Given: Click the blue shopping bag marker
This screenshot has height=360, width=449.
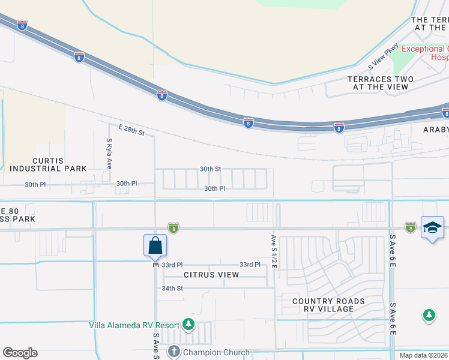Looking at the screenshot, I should pos(155,245).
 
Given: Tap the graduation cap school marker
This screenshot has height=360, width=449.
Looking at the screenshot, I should pos(432,228).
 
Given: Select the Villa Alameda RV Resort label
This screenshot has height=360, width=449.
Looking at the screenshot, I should pos(134,325).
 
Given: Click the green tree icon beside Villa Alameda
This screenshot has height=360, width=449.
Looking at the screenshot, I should pos(188,325).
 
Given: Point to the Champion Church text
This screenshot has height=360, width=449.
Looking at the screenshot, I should pos(213,352).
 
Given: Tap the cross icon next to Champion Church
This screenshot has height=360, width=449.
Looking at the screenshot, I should pos(174,351).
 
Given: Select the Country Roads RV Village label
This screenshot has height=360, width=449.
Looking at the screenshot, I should pos(328,305).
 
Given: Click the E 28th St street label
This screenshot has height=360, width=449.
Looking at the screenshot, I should pos(131,130).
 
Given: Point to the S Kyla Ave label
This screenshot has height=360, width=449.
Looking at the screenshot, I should pos(109,154).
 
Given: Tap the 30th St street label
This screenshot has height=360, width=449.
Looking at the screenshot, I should pos(211,169).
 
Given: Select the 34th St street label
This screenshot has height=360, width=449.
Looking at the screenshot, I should pos(172,288).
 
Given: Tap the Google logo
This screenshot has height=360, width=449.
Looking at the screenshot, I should pos(20,353).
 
